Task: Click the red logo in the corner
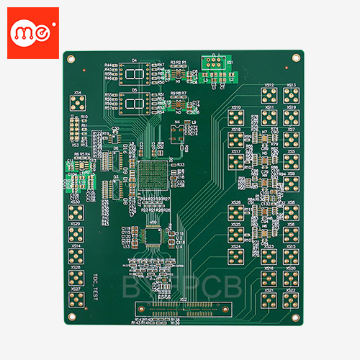[x=32, y=32]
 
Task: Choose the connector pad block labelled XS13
[x=291, y=96]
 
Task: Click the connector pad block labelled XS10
[x=236, y=117]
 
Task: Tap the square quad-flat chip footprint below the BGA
[x=154, y=235]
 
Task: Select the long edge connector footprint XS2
[x=184, y=310]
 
